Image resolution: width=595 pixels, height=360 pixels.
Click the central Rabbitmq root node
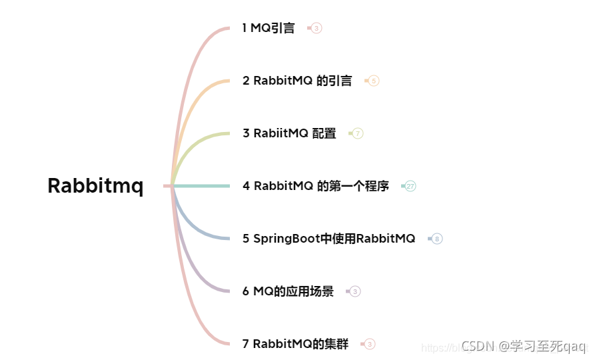coord(95,186)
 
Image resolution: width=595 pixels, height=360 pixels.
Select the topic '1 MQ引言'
coord(269,28)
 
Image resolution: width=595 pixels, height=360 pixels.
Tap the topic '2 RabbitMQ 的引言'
coord(297,81)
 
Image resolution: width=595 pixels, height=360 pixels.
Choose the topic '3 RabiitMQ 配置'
coord(289,133)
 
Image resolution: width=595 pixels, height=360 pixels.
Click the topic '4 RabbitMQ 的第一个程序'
coord(316,186)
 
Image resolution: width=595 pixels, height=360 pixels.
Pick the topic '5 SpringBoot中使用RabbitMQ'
coord(328,239)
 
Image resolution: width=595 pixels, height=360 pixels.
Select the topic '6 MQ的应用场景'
coord(288,291)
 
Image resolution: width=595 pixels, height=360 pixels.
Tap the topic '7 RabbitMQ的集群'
coord(295,344)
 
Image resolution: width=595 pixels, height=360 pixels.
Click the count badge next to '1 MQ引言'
coord(316,28)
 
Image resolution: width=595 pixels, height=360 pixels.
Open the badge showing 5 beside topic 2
coord(374,81)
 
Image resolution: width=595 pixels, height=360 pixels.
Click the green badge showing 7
coord(358,133)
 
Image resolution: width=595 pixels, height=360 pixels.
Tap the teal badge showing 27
coord(410,186)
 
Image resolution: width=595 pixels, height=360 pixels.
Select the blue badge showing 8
coord(437,239)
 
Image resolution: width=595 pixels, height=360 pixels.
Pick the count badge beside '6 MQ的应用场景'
coord(355,291)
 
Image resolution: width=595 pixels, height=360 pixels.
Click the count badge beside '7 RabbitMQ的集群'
coord(370,344)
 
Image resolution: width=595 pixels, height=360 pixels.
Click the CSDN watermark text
coord(523,345)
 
